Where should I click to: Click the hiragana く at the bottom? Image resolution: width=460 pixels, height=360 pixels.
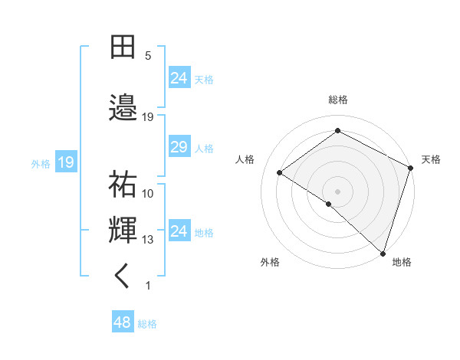pos(123,277)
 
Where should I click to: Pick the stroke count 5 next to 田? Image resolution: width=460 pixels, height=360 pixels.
pos(148,55)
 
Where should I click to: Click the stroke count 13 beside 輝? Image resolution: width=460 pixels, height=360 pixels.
pos(148,240)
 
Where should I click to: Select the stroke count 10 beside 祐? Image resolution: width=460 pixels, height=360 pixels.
pos(148,194)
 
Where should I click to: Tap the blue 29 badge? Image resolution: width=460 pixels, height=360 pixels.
pos(179,147)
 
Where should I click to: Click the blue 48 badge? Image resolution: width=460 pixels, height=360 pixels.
pos(123,322)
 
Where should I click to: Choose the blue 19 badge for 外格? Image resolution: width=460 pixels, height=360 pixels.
pos(65,162)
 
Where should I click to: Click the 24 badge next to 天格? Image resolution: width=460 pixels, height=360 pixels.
pos(179,78)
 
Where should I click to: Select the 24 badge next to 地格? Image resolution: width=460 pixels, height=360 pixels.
pos(179,231)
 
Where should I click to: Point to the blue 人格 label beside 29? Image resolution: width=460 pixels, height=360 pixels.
pos(204,148)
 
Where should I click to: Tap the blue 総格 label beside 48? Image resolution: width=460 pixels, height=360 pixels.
pos(147,323)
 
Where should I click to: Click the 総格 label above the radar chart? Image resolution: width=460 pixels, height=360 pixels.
pos(338,100)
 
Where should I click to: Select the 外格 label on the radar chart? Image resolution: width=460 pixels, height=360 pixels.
pos(270,262)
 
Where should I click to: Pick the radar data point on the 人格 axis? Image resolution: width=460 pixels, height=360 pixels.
pos(280,173)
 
